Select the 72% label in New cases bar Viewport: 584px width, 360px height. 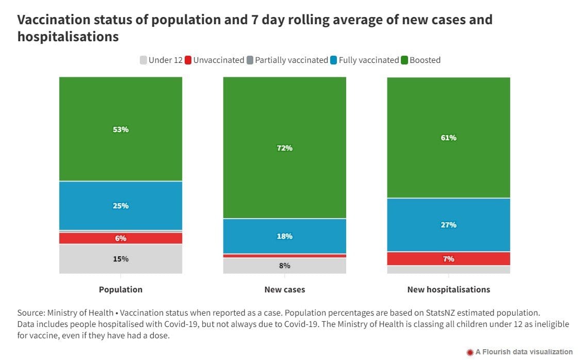(x=284, y=148)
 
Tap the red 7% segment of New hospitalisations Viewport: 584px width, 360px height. (x=448, y=258)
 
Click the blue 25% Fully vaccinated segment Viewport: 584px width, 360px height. (x=120, y=205)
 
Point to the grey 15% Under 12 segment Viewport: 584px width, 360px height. (x=120, y=258)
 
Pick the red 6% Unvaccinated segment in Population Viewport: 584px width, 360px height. (x=120, y=238)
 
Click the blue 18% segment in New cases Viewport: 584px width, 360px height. (x=284, y=236)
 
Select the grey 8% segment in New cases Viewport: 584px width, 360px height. (x=284, y=266)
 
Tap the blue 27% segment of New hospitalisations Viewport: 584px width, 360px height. (x=448, y=225)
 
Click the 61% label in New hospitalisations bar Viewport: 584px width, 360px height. (x=448, y=138)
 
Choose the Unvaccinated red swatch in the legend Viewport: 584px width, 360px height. (x=188, y=60)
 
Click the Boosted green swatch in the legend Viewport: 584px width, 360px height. (x=404, y=60)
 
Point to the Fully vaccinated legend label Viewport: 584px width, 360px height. (x=368, y=60)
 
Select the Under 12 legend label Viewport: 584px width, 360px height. (x=166, y=60)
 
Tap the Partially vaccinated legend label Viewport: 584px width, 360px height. (x=291, y=60)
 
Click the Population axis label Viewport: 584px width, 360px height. (x=120, y=289)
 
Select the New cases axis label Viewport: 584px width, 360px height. (x=284, y=289)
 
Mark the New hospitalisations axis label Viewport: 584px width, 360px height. (x=448, y=289)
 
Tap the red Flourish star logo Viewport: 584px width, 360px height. (x=470, y=352)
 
